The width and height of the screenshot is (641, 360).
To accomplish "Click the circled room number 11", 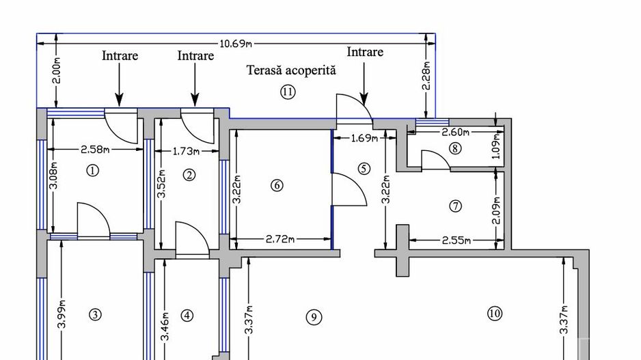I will coord(288,92).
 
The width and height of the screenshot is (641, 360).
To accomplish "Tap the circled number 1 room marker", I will coord(94,171).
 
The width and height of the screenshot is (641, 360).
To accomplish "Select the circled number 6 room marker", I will coord(277,185).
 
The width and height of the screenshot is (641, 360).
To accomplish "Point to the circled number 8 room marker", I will coord(455,148).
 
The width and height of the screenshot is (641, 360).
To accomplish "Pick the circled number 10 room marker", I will coord(495,314).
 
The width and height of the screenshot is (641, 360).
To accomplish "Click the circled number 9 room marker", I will coord(313,317).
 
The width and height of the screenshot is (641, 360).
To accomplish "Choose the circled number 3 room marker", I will coord(95,314).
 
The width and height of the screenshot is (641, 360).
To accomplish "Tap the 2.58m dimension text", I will coord(97,149).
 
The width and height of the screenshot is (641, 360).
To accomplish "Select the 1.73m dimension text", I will coord(186,151).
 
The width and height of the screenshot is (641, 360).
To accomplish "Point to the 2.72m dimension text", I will coord(279,239).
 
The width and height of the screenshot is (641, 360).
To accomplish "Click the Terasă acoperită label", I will coord(292,70).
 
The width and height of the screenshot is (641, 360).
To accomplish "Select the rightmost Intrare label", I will coord(365,52).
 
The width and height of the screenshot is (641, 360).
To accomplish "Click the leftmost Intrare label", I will coord(120,56).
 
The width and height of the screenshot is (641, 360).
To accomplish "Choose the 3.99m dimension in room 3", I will coord(62,314).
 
